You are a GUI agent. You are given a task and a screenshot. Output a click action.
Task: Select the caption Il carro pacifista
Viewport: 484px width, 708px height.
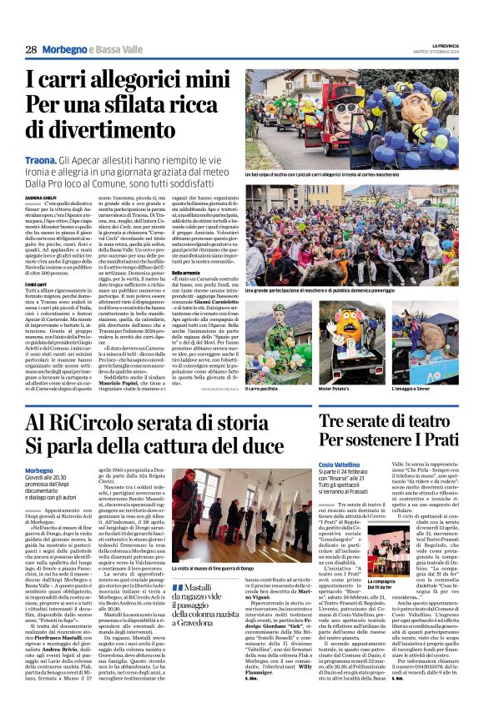coord(266,388)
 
